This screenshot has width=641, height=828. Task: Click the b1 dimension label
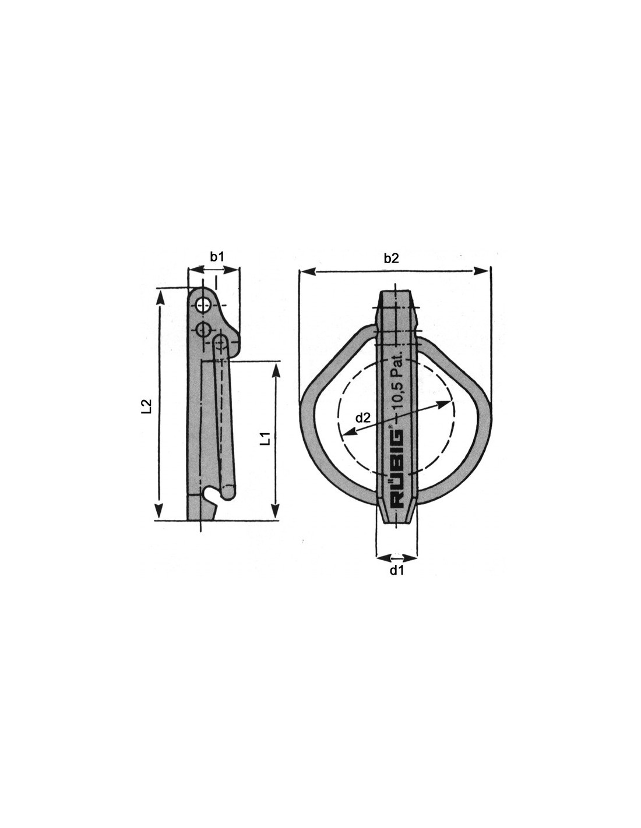click(x=217, y=257)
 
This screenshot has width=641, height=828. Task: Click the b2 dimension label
click(x=391, y=259)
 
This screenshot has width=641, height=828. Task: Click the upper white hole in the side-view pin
click(x=203, y=305)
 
